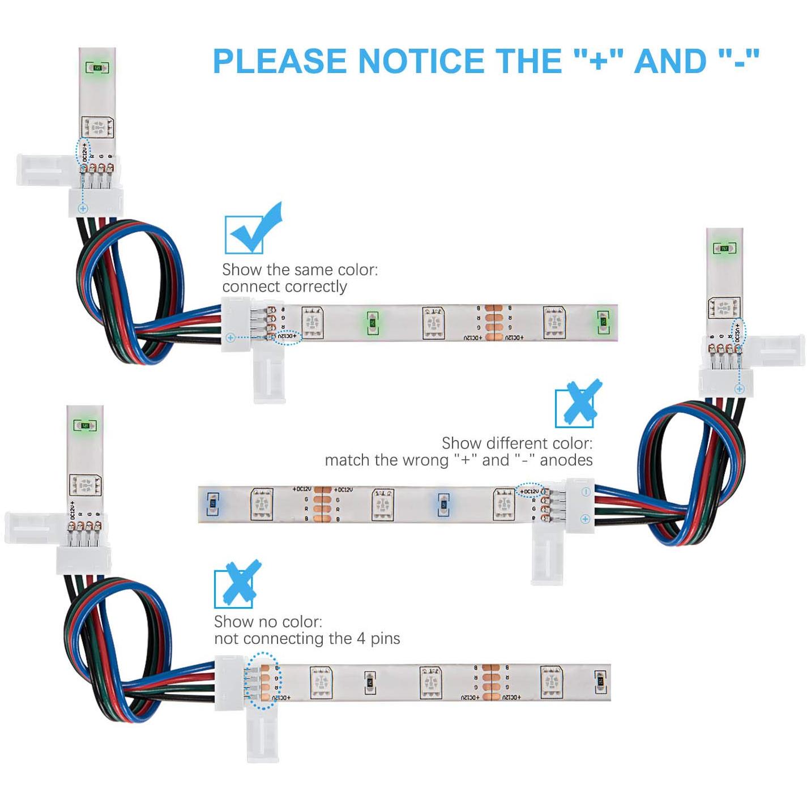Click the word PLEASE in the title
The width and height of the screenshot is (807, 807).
280,61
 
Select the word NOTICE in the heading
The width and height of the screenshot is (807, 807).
425,61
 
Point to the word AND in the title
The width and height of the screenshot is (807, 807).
671,61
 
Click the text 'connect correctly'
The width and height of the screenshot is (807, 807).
284,287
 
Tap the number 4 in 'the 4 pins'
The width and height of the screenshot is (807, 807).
361,639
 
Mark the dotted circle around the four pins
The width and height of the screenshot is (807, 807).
263,680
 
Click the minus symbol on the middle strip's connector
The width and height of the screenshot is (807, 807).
586,492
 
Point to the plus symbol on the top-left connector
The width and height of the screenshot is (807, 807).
83,208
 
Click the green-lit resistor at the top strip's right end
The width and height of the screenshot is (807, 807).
603,322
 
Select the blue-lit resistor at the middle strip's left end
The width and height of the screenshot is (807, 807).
212,502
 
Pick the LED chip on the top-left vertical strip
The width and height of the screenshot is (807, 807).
97,128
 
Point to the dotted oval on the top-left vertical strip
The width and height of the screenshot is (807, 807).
83,152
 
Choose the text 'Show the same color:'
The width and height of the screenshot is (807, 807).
300,270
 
